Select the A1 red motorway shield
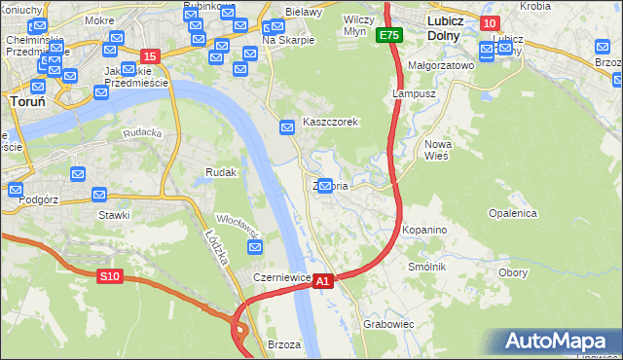pyautogui.click(x=324, y=280)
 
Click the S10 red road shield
pyautogui.click(x=110, y=276)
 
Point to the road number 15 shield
pyautogui.click(x=150, y=56)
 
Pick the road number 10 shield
pyautogui.click(x=490, y=23)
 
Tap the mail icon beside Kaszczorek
pyautogui.click(x=287, y=127)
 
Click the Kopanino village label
pyautogui.click(x=423, y=230)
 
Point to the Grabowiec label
pyautogui.click(x=388, y=323)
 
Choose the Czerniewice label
pyautogui.click(x=281, y=277)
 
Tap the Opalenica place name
pyautogui.click(x=512, y=212)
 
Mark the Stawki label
pyautogui.click(x=114, y=215)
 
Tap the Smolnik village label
pyautogui.click(x=427, y=266)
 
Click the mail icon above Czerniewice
pyautogui.click(x=256, y=249)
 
